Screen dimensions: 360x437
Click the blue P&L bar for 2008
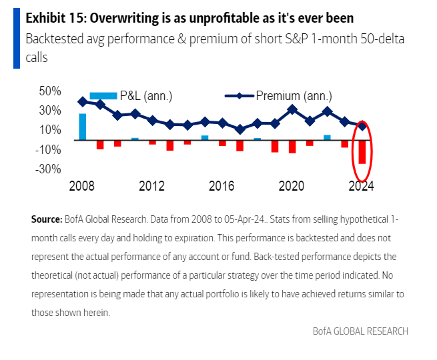click(x=83, y=127)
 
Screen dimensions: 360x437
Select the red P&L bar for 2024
click(x=362, y=152)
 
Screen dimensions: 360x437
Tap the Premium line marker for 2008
click(x=83, y=101)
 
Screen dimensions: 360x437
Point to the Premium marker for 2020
click(x=292, y=109)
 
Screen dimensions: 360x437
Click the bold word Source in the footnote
click(x=46, y=219)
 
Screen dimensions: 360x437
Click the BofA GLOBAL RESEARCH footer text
click(x=360, y=331)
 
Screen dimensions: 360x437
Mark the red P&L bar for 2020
click(x=292, y=147)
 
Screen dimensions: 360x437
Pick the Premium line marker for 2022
click(x=327, y=111)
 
